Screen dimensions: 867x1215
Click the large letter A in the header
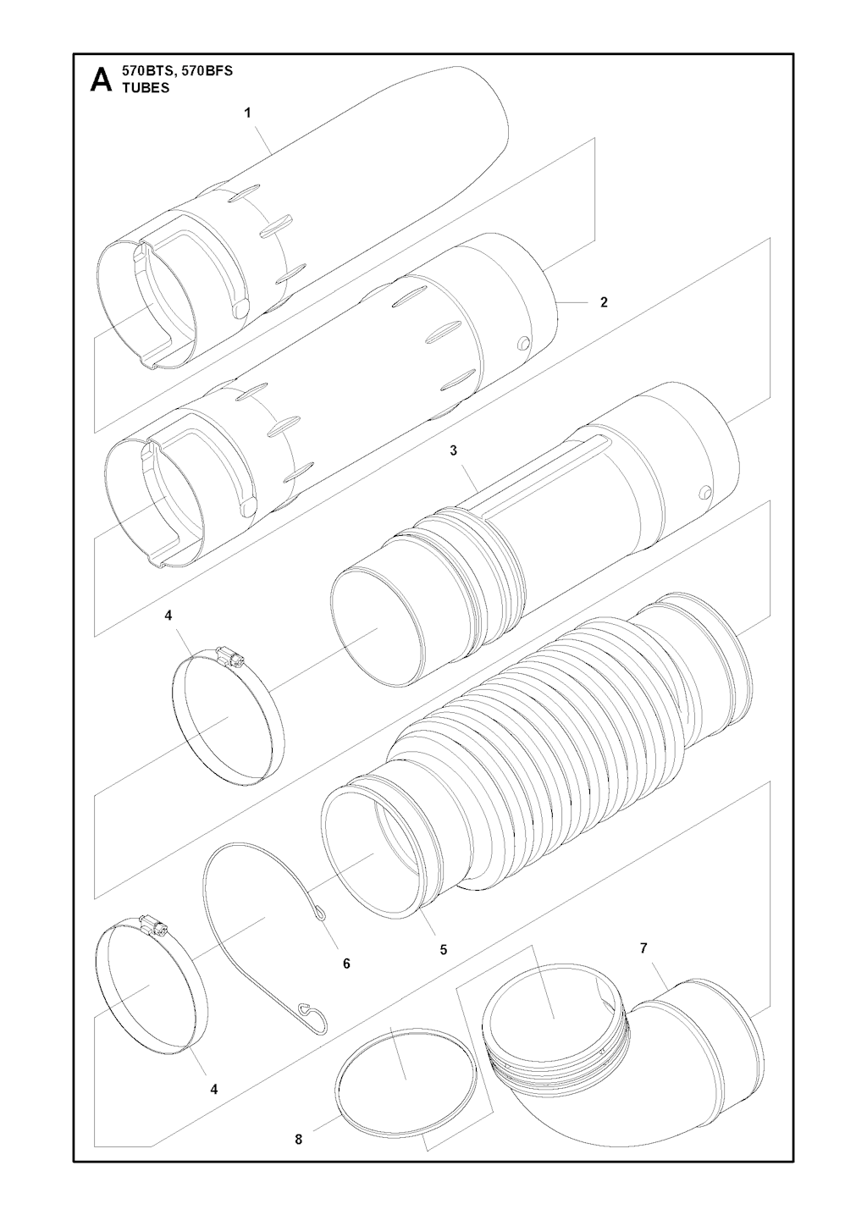pos(102,80)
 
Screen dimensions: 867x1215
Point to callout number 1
pos(247,113)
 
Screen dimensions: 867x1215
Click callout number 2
pos(604,302)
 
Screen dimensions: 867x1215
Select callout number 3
pos(454,450)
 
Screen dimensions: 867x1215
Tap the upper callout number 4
pos(168,616)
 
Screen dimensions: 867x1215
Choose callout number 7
pos(643,948)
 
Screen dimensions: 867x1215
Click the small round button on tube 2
pos(523,343)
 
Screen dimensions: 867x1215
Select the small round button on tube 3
pos(704,491)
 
